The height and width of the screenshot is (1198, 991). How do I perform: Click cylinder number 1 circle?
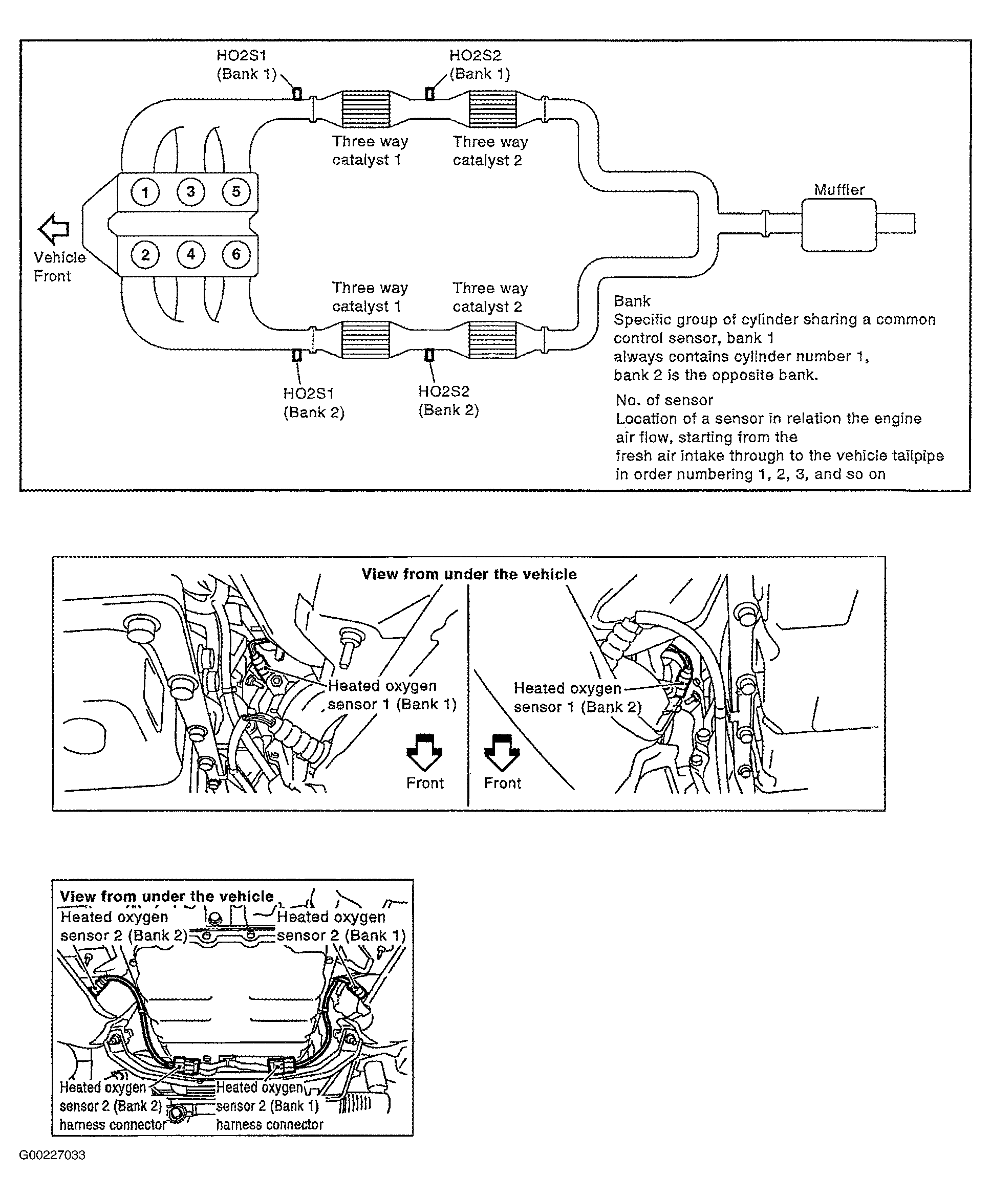coord(145,192)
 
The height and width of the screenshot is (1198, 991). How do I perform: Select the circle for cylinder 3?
coord(190,192)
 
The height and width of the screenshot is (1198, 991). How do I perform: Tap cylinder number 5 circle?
coord(236,192)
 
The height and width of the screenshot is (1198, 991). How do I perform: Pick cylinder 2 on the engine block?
coord(145,254)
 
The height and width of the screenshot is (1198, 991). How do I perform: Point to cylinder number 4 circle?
coord(190,254)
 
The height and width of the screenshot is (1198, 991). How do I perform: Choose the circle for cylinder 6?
coord(236,254)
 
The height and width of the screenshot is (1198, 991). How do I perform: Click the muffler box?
coord(838,225)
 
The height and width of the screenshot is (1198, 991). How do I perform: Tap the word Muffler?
coord(838,189)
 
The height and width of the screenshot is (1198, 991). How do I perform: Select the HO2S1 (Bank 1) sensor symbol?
coord(297,93)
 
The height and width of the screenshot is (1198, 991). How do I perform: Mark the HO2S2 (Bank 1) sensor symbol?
coord(429,93)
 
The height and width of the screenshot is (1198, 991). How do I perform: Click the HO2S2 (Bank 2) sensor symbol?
coord(429,355)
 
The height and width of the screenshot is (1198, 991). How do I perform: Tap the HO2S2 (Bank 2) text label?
coord(448,401)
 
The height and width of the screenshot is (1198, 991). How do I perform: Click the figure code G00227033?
coord(53,1155)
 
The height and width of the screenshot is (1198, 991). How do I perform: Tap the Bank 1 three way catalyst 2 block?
coord(492,108)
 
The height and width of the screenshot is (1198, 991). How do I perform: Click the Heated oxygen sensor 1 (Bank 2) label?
coord(576,698)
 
